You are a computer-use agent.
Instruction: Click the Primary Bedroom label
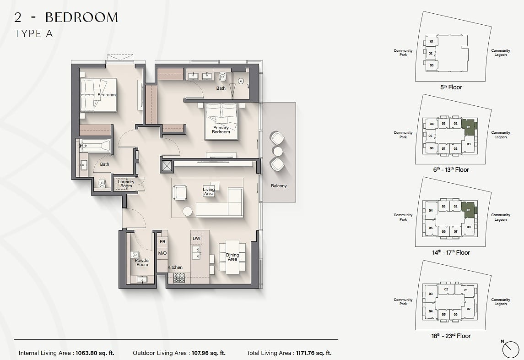click(221, 130)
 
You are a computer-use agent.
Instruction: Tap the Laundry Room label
click(126, 184)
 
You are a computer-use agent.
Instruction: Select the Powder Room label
click(142, 262)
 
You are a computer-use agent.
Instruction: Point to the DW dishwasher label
click(196, 239)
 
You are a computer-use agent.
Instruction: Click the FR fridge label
click(162, 241)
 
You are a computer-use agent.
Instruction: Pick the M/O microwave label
click(162, 253)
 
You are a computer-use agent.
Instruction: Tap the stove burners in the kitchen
click(179, 278)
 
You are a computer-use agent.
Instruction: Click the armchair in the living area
click(180, 193)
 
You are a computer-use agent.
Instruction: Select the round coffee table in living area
click(188, 212)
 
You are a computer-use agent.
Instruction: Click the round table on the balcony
click(278, 151)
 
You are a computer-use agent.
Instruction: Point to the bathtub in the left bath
click(95, 146)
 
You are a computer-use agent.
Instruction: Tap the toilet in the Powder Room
click(135, 255)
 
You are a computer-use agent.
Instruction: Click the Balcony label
click(279, 185)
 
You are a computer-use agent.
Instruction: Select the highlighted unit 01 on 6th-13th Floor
click(469, 127)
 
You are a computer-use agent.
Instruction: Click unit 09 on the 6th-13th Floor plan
click(469, 144)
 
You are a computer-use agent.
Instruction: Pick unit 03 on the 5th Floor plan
click(432, 65)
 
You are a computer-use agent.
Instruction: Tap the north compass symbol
click(511, 349)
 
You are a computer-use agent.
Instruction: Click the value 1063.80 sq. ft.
click(95, 353)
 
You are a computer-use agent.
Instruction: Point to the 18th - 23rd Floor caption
click(451, 336)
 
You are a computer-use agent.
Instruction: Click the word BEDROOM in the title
click(81, 17)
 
